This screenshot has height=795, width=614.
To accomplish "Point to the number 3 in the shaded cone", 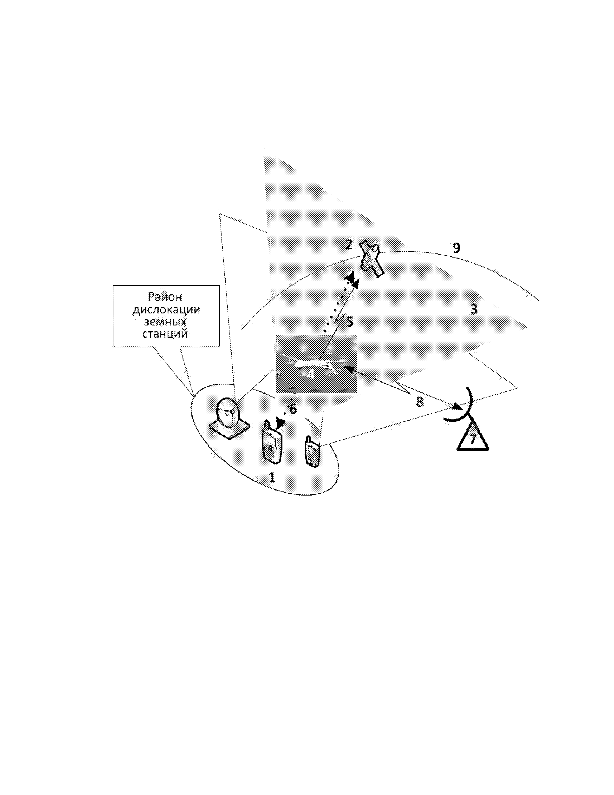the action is pos(474,309).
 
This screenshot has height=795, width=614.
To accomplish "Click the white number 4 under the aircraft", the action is pos(311,374).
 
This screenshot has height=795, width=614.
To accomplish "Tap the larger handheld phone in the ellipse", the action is pos(272,442).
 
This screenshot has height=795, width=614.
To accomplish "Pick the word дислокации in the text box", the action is pos(166,310).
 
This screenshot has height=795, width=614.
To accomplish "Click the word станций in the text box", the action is pos(165,334).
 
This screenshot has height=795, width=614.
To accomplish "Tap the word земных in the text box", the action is pos(165,322).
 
